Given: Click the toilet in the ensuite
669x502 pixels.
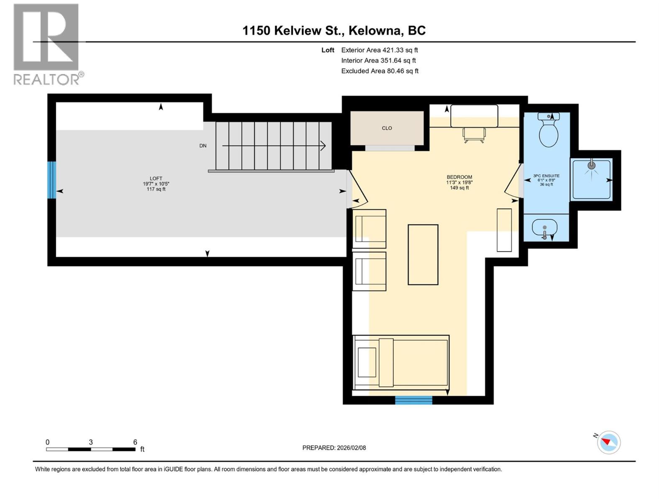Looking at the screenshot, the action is pos(548,130).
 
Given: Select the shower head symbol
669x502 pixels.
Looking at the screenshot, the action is pos(591,166).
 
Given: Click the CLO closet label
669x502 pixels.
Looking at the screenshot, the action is pos(387,128).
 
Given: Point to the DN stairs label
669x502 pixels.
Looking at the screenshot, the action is pos(203,146).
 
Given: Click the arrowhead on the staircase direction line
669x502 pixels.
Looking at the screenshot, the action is pos(323,146).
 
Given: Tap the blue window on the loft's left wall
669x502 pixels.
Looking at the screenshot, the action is pos(51,180).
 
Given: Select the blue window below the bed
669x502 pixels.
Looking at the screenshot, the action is pos(414,400).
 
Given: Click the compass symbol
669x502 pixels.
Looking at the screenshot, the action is pos(608,442).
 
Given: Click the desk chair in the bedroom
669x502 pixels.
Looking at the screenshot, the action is pos(474,135).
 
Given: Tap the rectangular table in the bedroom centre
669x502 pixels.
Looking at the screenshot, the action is pos(423,255).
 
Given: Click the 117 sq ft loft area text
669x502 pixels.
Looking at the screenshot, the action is pos(156,189).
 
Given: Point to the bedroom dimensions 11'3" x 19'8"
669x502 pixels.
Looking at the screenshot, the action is pos(459,182).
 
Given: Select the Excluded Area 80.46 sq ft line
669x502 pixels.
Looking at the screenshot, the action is pos(380,71).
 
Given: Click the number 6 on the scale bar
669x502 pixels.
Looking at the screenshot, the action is pos(135,442).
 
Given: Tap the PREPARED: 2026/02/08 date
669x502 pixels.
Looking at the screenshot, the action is pos(334,448).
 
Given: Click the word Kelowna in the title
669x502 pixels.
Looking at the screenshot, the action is pos(374,31).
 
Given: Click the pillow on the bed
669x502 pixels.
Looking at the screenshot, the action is pos(386,362).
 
